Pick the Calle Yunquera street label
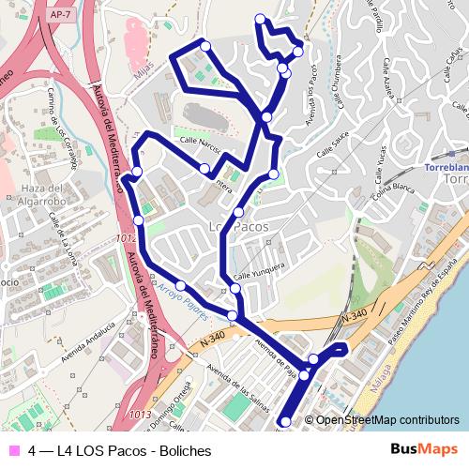(259, 271)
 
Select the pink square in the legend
(13, 450)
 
